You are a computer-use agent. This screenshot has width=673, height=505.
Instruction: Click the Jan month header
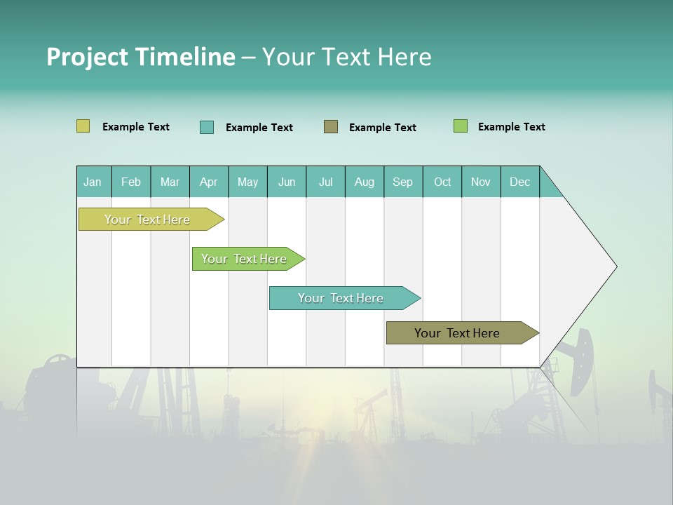pos(93,182)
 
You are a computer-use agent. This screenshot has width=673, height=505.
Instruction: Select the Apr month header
pos(209,182)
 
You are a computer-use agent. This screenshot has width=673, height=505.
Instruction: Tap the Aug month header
pos(365,182)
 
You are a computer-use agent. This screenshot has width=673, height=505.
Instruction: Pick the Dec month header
pos(520,182)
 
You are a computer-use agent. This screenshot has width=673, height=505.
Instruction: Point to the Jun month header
pos(287,182)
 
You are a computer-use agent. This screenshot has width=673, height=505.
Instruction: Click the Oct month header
pos(442,182)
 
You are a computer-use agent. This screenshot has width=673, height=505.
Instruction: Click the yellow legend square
pos(83,126)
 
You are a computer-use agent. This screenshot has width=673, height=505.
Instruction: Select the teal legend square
pos(206,127)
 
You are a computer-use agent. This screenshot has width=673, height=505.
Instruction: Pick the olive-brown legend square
pos(331,127)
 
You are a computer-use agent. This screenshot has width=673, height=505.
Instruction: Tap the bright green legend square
pos(461,126)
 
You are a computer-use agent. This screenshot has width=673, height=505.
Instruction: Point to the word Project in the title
pos(86,57)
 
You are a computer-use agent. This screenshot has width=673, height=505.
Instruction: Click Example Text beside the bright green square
pos(511,127)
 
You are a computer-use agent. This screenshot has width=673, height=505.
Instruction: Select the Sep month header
pos(403,182)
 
